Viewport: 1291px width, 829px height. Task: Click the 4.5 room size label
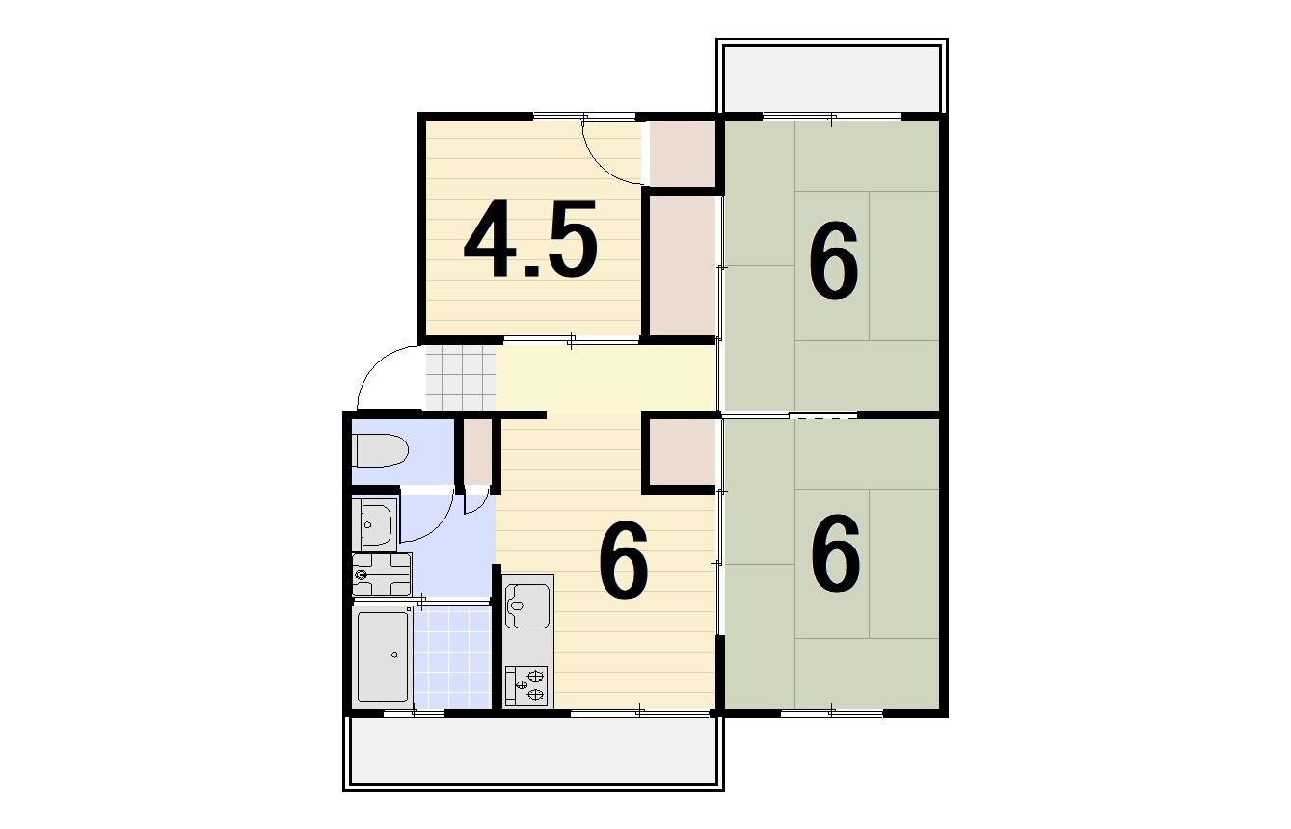(530, 238)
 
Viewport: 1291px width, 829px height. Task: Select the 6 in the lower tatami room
(835, 552)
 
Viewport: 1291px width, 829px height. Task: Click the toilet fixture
(381, 450)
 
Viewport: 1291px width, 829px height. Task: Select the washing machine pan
(382, 575)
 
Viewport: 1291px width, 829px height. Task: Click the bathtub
(383, 656)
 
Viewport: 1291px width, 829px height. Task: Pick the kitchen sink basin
(527, 606)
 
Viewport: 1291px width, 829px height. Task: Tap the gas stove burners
(526, 685)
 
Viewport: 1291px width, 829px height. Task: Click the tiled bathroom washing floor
(452, 656)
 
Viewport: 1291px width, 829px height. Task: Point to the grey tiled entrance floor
(461, 378)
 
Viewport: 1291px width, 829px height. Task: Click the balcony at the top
(832, 75)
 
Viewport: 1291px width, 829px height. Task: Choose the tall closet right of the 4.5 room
(683, 265)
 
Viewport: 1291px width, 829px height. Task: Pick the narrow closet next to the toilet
(478, 452)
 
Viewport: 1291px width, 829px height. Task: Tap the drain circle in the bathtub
(394, 655)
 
